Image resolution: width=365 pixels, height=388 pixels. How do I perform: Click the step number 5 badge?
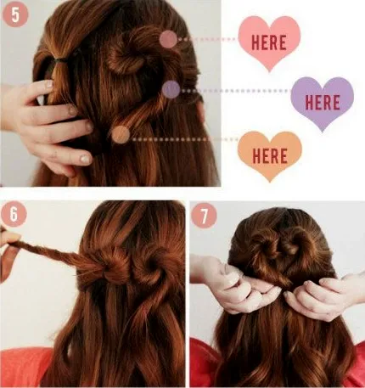pyautogui.click(x=15, y=14)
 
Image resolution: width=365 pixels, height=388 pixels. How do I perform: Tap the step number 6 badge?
pyautogui.click(x=14, y=214)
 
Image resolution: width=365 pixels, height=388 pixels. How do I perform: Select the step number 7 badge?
pyautogui.click(x=204, y=216)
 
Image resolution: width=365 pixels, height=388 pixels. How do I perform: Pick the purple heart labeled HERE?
pyautogui.click(x=323, y=103)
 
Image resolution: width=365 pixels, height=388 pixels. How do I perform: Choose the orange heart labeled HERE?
pyautogui.click(x=270, y=156)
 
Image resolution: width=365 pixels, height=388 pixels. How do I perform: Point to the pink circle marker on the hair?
pyautogui.click(x=168, y=39)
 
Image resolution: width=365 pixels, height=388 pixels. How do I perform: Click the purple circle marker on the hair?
pyautogui.click(x=171, y=89)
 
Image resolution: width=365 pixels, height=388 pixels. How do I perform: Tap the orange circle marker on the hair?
pyautogui.click(x=121, y=134)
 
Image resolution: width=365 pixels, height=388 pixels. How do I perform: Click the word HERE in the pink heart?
pyautogui.click(x=269, y=43)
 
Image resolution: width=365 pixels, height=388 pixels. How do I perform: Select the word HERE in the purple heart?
pyautogui.click(x=323, y=103)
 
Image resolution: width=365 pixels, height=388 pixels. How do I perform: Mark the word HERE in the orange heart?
pyautogui.click(x=270, y=156)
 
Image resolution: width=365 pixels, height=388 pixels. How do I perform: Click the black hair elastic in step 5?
pyautogui.click(x=59, y=60)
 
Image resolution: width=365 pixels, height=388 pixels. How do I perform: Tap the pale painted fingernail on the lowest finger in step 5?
pyautogui.click(x=86, y=160)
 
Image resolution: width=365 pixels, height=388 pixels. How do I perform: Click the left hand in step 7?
pyautogui.click(x=235, y=286)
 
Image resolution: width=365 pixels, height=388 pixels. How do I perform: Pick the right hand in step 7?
pyautogui.click(x=325, y=295)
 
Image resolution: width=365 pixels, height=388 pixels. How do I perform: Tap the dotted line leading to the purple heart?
pyautogui.click(x=235, y=91)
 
